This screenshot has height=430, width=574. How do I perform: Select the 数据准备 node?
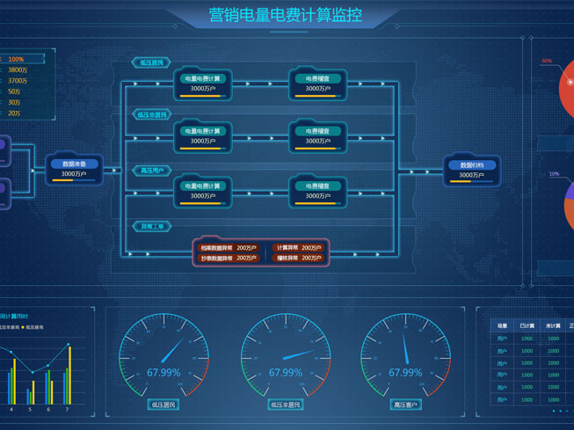click(x=74, y=169)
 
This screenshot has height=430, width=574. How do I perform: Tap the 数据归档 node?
click(x=471, y=170)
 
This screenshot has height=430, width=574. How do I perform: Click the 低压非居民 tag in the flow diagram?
click(x=152, y=115)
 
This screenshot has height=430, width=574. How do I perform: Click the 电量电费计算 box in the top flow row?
click(x=202, y=84)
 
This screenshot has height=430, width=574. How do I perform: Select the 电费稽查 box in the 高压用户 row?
click(x=317, y=191)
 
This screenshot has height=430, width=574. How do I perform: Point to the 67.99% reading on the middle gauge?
click(x=286, y=373)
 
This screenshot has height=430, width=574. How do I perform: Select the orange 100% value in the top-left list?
click(x=16, y=60)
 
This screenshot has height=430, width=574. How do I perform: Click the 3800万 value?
click(x=18, y=70)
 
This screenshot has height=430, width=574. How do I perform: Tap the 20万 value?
click(x=14, y=113)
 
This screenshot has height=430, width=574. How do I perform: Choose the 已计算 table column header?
click(x=527, y=326)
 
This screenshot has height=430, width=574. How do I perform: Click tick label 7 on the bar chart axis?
click(x=67, y=410)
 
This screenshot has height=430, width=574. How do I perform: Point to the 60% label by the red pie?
click(x=547, y=62)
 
